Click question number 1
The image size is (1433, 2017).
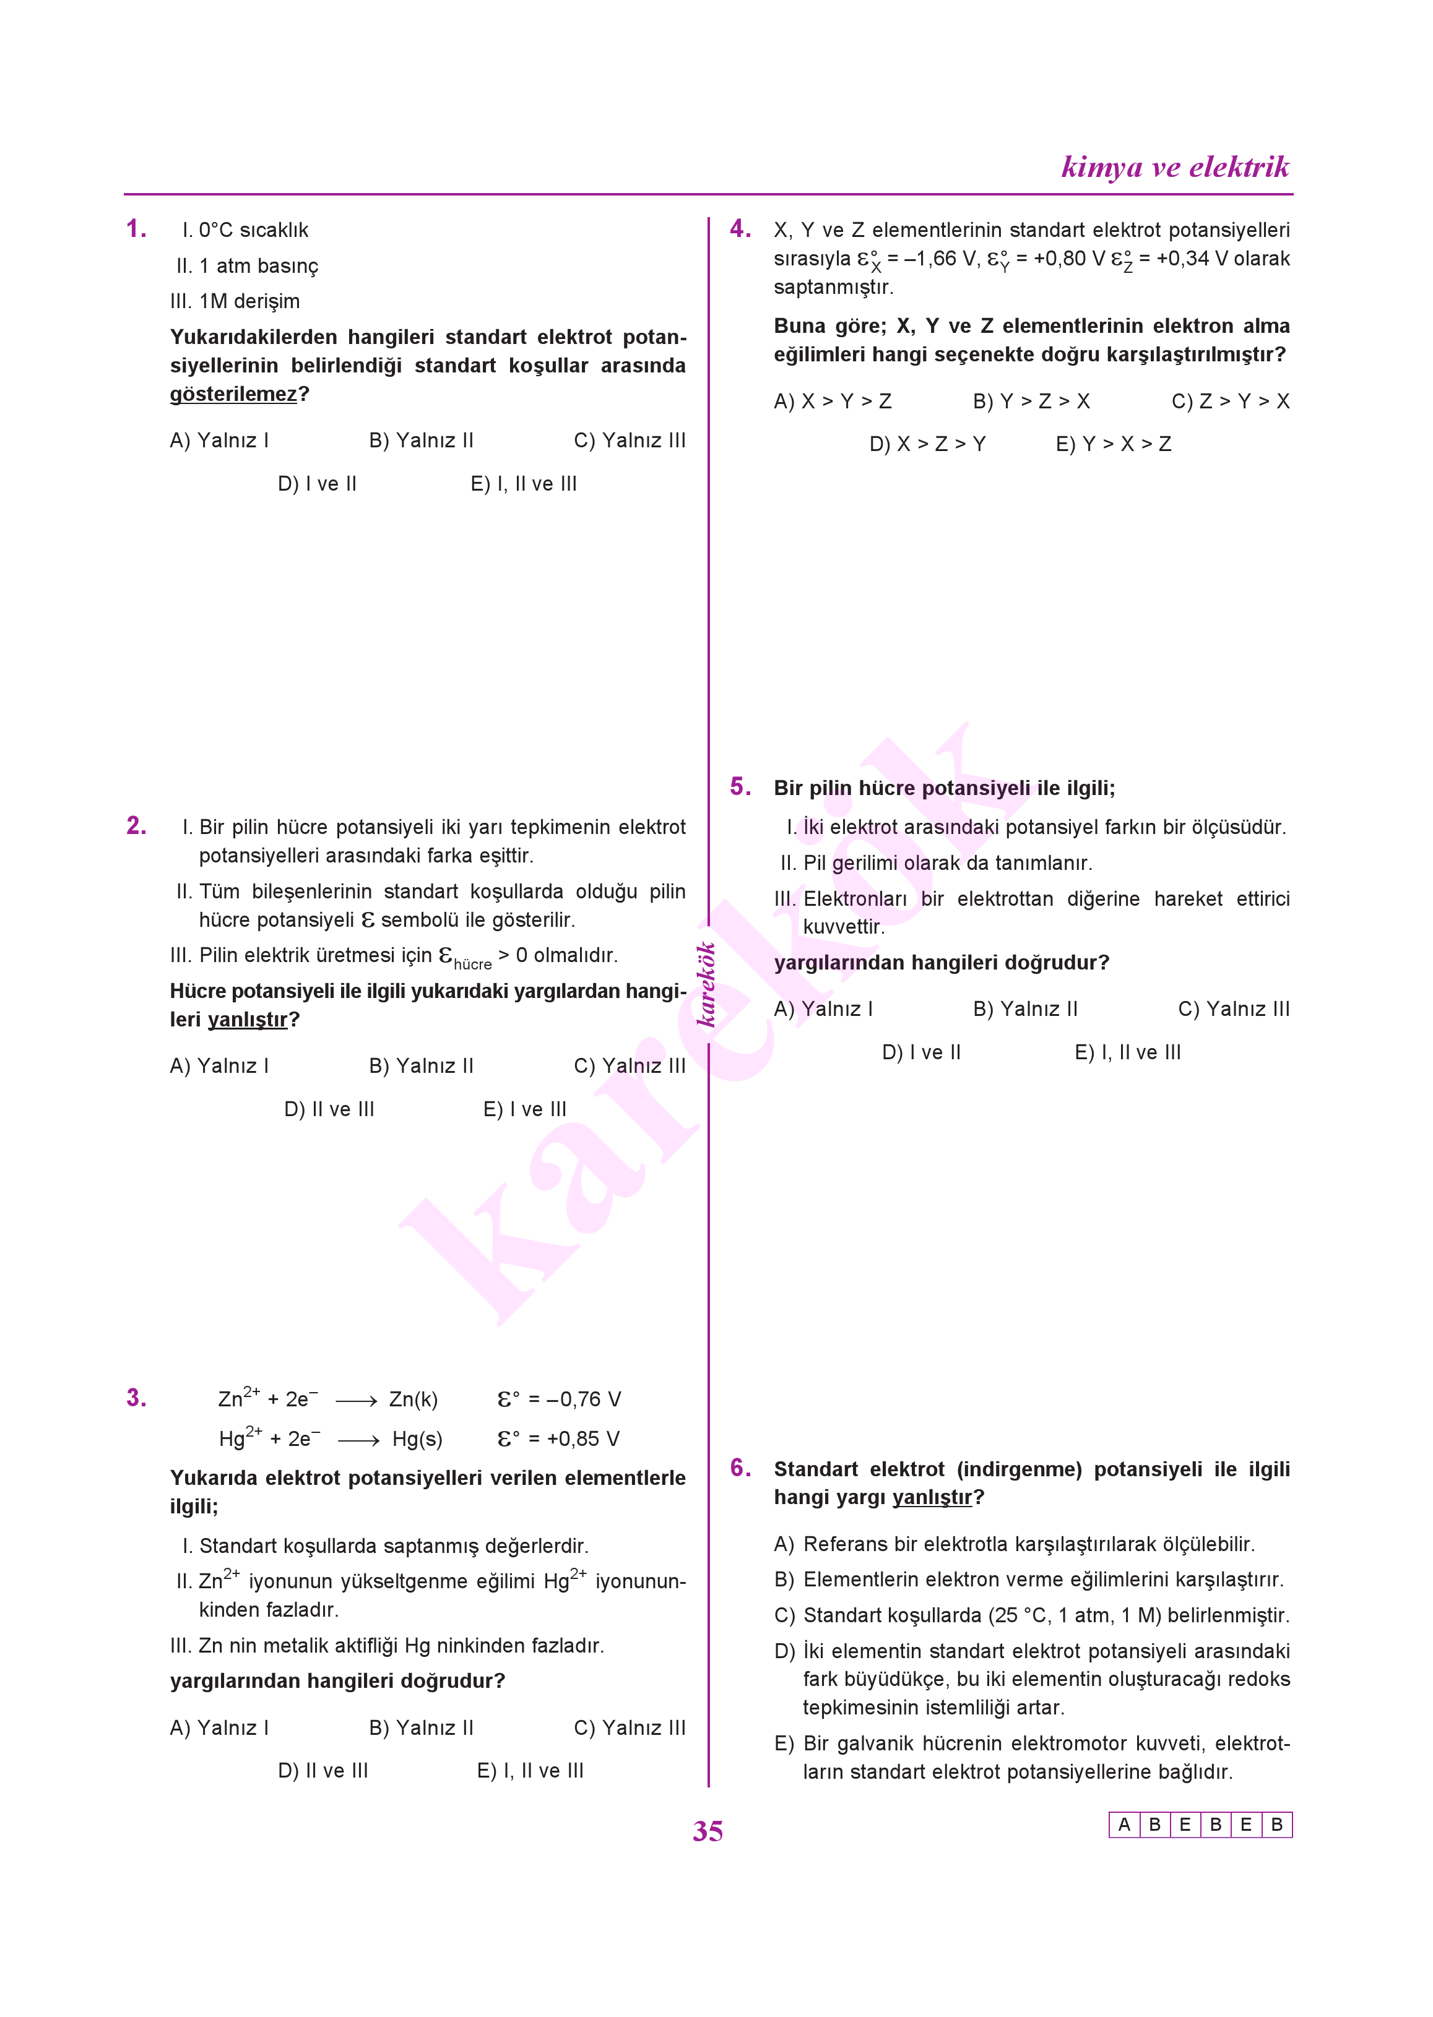point(136,230)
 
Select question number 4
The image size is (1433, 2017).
point(740,230)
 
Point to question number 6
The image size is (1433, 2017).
point(740,1468)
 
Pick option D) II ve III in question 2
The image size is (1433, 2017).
point(329,1109)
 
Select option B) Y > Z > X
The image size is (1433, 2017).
point(1031,402)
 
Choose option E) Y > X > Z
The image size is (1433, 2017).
point(1113,444)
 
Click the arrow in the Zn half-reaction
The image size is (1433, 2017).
point(357,1401)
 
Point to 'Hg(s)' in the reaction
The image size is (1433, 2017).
point(417,1439)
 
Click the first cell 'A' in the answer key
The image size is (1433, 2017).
point(1123,1825)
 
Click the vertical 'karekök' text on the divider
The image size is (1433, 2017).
point(706,984)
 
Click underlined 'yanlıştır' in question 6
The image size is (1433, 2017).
point(931,1497)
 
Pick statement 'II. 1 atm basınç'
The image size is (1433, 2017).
point(247,266)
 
